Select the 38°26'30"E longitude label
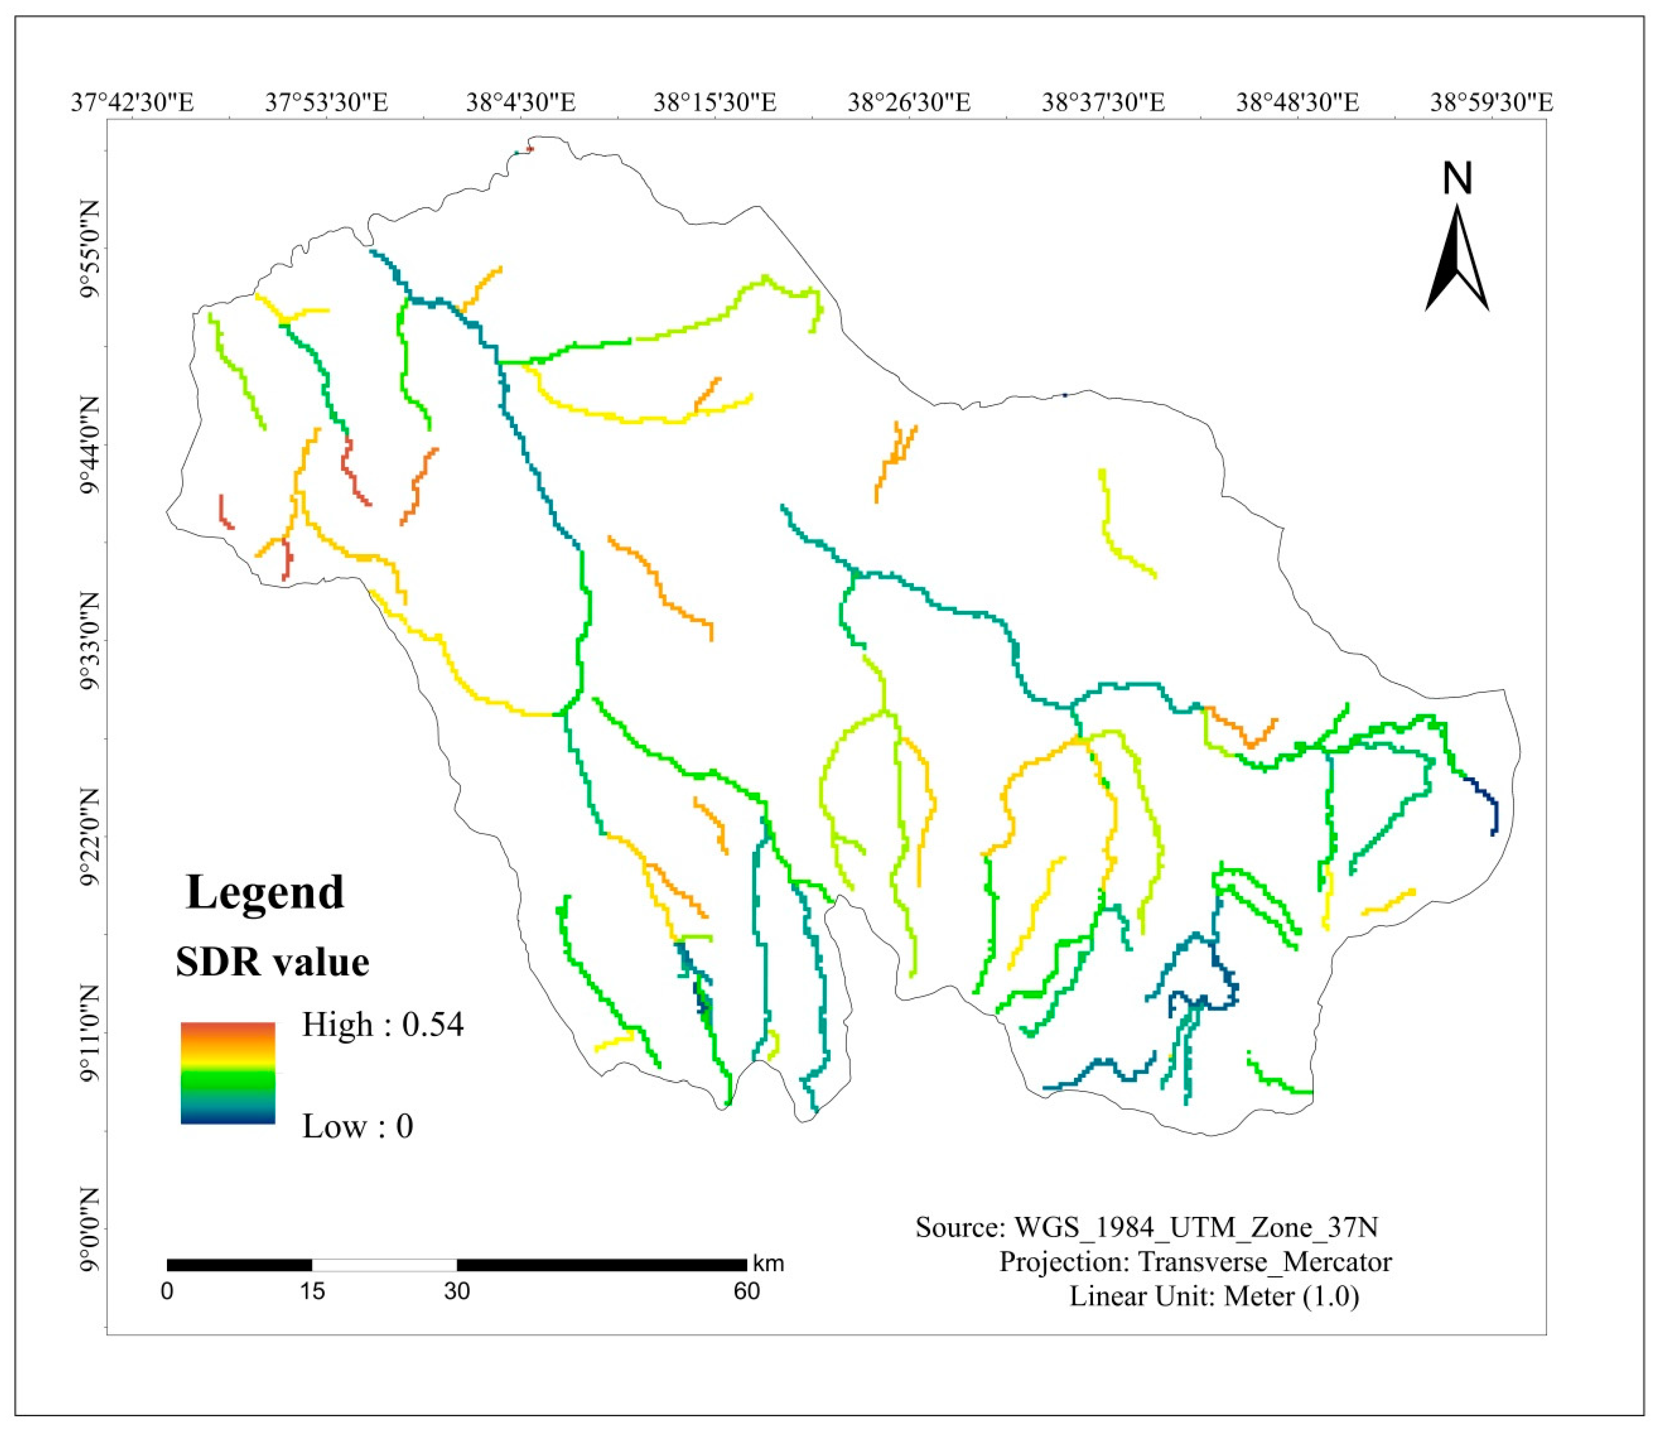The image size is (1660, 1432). pos(909,103)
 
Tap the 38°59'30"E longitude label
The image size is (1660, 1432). pos(1492,103)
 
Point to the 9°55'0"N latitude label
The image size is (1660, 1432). pos(90,248)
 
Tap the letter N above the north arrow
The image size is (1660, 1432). pos(1457,179)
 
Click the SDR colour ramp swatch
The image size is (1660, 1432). pos(228,1072)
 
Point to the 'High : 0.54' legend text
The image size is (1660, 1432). pos(382,1025)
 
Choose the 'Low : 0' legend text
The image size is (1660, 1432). pos(358,1126)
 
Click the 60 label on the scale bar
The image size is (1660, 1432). pos(747,1291)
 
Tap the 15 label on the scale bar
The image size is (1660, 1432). pos(313,1291)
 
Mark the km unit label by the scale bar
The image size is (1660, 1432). pos(767,1264)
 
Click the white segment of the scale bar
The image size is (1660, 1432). pos(384,1265)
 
